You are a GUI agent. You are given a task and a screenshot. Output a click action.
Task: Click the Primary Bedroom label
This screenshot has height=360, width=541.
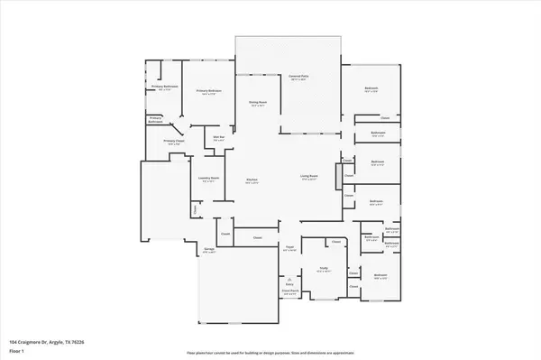tap(208, 91)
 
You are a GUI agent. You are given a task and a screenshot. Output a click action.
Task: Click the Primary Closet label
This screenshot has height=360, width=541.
tap(174, 142)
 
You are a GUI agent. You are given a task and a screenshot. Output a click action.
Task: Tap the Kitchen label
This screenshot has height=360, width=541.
tap(252, 181)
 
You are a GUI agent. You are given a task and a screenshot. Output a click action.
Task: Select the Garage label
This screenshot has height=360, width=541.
tap(208, 251)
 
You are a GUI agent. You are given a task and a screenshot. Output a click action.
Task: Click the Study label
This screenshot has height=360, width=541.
tap(323, 269)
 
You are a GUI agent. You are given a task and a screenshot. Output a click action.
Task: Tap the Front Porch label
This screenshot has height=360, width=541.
tap(290, 291)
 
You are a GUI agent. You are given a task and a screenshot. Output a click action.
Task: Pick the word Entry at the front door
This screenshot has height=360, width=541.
tap(290, 282)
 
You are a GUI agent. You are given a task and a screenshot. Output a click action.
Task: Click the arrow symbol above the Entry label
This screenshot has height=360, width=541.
tap(290, 276)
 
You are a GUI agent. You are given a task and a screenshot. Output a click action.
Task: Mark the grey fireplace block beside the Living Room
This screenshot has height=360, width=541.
tap(339, 179)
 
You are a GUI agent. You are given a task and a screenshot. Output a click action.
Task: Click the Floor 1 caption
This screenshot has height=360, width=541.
tap(15, 350)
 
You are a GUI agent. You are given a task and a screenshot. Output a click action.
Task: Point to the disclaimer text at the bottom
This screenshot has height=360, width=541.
tap(270, 352)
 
